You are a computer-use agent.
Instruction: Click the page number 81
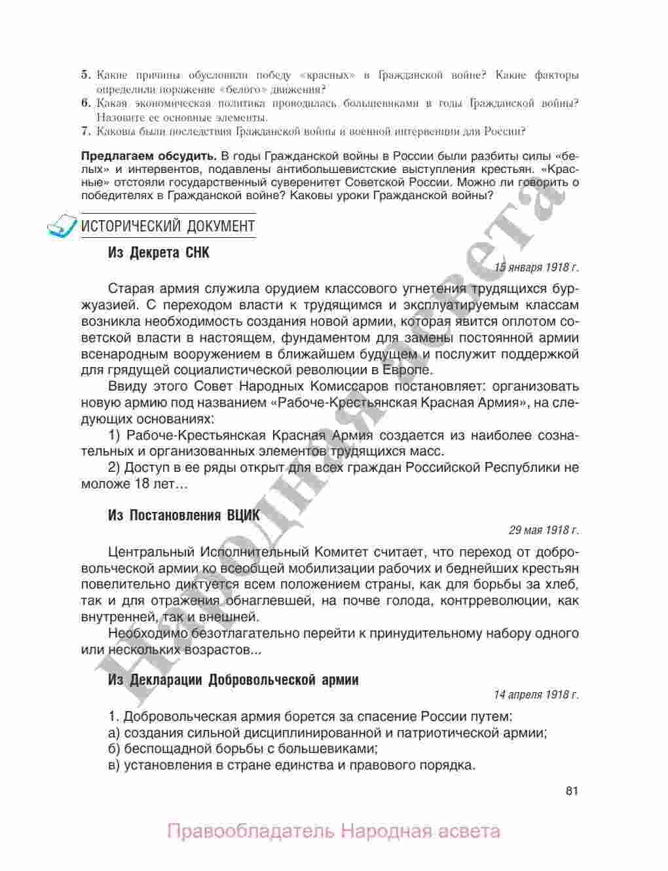tap(571, 790)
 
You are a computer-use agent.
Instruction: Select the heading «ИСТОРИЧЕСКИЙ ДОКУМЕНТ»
tap(168, 227)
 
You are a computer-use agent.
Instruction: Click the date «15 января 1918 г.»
tap(536, 267)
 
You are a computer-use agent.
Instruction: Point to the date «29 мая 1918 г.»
tap(544, 530)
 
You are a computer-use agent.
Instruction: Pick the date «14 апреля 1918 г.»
tap(536, 694)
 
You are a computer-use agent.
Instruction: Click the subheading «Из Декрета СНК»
tap(158, 252)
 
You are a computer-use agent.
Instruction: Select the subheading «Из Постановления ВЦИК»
tap(183, 515)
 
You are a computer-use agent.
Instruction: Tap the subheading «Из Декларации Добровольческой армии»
tap(232, 680)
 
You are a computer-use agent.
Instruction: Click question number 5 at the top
tap(85, 75)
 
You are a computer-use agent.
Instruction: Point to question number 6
tap(85, 104)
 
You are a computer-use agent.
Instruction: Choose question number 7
tap(85, 131)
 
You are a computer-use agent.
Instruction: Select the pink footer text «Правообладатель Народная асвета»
tap(333, 832)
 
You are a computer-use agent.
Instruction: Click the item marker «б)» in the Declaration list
tap(115, 748)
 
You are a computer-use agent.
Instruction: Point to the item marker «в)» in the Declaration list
tap(115, 765)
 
